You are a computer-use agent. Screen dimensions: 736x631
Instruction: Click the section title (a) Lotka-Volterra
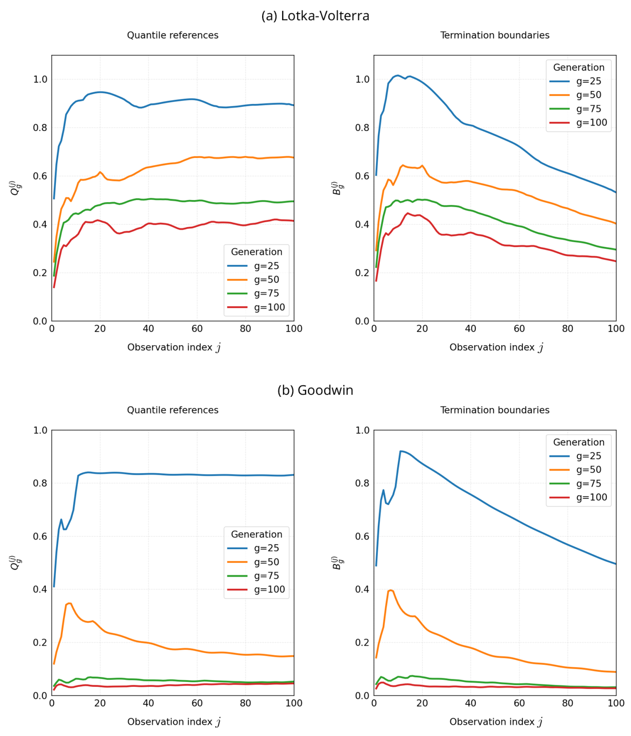tap(315, 16)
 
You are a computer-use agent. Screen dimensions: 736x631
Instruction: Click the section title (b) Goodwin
tap(315, 390)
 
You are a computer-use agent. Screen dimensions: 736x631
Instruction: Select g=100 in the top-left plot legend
tap(269, 307)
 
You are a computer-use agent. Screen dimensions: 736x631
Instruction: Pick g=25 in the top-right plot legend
tap(588, 81)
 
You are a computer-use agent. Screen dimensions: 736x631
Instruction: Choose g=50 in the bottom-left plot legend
tap(266, 562)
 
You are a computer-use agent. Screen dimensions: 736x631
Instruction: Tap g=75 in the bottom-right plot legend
tap(588, 483)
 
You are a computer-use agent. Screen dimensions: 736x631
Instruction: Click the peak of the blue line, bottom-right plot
tap(401, 451)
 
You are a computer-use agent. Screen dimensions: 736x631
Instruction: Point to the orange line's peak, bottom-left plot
tap(69, 603)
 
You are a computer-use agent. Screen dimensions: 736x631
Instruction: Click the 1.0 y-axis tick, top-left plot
tap(40, 79)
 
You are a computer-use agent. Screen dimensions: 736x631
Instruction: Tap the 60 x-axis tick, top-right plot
tap(519, 328)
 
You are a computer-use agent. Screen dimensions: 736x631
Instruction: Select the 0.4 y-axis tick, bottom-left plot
tap(40, 589)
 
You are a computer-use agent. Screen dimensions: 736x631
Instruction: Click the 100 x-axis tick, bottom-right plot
tap(616, 703)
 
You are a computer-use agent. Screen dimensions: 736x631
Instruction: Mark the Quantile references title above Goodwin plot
tap(173, 410)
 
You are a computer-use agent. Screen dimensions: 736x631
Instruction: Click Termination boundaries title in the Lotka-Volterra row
tap(494, 35)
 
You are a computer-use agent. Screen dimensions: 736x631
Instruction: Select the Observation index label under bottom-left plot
tap(174, 722)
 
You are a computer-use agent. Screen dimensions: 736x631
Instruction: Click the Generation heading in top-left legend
tap(256, 252)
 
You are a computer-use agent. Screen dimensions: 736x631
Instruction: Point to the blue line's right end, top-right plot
tap(615, 192)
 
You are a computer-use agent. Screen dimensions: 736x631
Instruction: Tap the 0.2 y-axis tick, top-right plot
tap(362, 273)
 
